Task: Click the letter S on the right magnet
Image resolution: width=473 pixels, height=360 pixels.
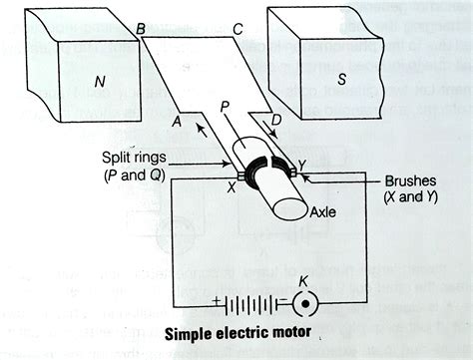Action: (x=341, y=82)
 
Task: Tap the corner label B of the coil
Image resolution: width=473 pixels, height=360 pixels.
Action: (x=142, y=31)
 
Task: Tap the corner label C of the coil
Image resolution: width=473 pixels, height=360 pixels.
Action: (x=236, y=30)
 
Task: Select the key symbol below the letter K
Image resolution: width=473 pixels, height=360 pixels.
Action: (x=305, y=300)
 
